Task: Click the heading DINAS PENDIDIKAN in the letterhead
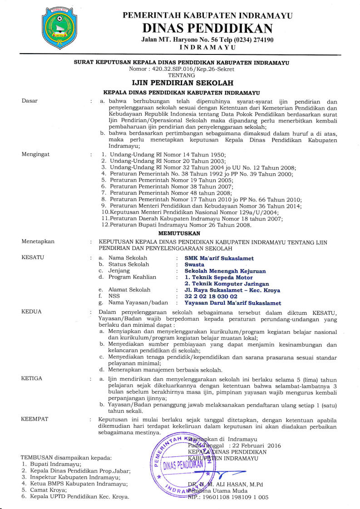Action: point(207,28)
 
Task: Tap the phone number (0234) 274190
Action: point(247,40)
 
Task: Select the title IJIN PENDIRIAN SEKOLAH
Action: point(182,83)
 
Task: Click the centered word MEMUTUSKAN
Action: point(182,232)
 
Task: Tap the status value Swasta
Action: point(194,264)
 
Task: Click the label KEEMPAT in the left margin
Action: point(35,420)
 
